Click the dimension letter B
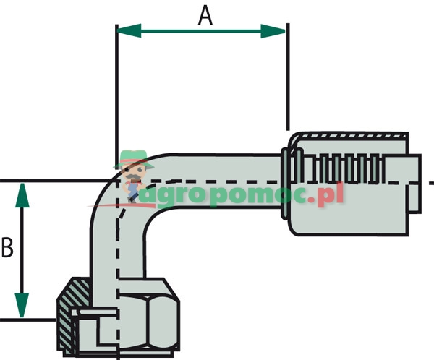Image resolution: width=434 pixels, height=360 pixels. pos(8,248)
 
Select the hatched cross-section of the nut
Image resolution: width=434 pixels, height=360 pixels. pos(67,315)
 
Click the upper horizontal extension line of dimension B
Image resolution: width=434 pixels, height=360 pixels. pos(51,181)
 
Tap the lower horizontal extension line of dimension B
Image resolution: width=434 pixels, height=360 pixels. pos(29,319)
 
